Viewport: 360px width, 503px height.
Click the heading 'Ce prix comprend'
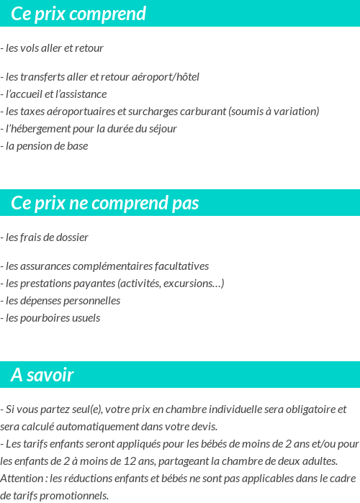(x=78, y=14)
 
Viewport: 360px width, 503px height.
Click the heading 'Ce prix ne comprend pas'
(x=105, y=204)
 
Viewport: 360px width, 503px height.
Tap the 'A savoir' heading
(x=42, y=375)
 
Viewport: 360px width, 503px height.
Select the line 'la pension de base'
(x=46, y=146)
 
